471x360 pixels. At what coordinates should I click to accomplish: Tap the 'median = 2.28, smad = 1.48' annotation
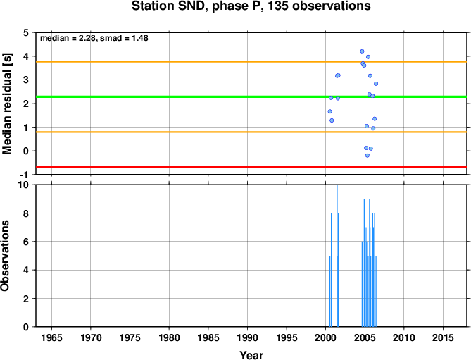coord(94,38)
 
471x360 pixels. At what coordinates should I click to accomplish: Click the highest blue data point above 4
coord(362,51)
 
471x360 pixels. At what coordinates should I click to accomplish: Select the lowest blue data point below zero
coord(367,156)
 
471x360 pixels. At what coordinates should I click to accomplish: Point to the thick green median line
coord(251,97)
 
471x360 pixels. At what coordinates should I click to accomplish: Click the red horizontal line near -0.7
coord(251,167)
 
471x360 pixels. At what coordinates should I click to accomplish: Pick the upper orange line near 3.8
coord(251,62)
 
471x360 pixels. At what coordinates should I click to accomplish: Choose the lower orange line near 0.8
coord(251,132)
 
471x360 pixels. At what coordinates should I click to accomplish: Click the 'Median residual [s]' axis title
coord(6,104)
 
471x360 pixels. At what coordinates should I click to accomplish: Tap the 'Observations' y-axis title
coord(5,256)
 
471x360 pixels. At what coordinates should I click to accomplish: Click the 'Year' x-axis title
coord(251,355)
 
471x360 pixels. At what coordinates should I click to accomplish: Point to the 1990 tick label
coord(247,337)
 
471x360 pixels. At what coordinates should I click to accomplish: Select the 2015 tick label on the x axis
coord(443,337)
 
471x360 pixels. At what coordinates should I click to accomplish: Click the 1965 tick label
coord(51,337)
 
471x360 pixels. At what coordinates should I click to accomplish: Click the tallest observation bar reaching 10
coord(337,256)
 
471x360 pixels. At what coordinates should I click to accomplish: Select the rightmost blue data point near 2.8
coord(376,84)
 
